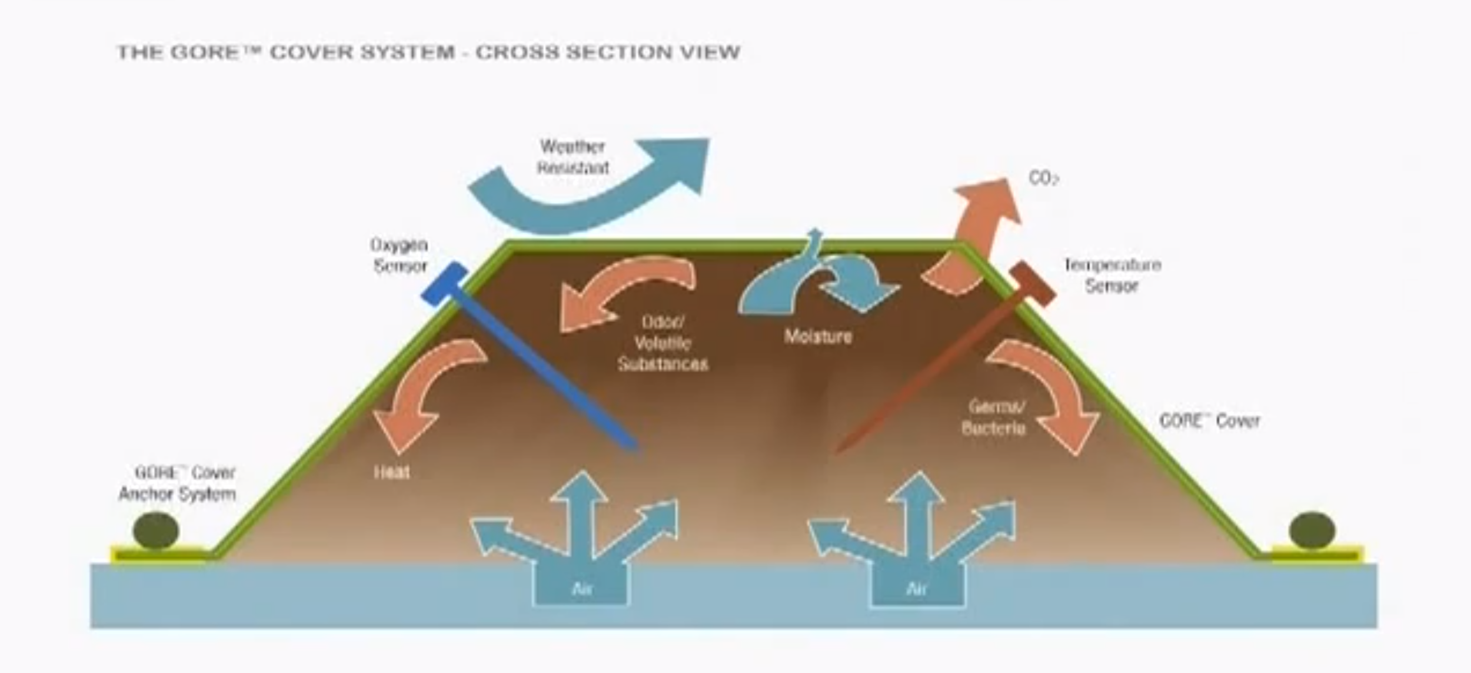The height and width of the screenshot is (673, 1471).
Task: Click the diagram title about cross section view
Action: pos(428,52)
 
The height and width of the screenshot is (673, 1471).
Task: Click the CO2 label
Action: pos(1044,178)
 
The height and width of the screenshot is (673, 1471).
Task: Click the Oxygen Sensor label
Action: pos(400,255)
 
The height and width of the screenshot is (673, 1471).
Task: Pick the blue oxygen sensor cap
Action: pos(444,283)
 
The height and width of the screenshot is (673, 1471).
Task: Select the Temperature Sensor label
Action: pos(1112,275)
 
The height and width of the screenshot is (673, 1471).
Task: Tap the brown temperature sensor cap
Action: pos(1033,284)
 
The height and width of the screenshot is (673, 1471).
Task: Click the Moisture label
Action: pos(818,336)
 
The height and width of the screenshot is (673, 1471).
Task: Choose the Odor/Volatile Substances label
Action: pos(663,343)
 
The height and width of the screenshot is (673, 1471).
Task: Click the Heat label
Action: pos(392,472)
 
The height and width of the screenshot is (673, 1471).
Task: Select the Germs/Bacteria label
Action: pos(994,417)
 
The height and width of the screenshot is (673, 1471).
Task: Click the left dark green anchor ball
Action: pos(155,530)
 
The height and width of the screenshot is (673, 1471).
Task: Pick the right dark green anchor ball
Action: pos(1312,530)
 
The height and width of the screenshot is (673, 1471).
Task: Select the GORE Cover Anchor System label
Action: pos(178,483)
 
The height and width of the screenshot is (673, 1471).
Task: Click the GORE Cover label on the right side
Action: pos(1209,420)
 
